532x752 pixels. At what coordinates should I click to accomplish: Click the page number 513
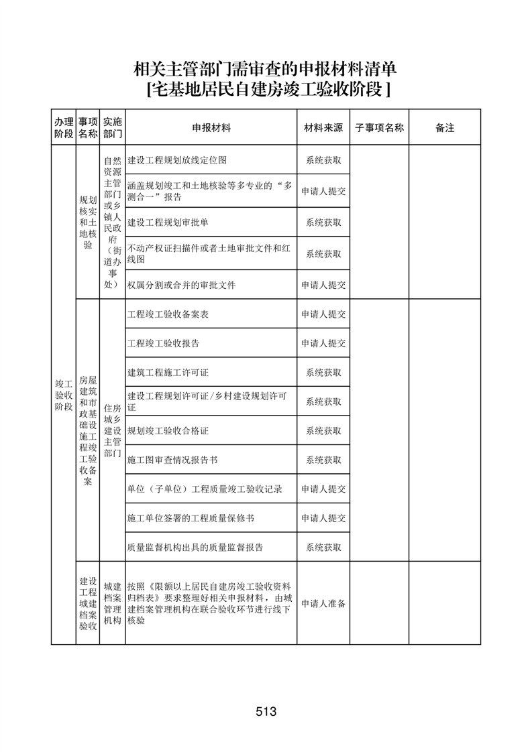[266, 712]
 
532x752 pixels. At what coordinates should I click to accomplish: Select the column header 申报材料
[211, 127]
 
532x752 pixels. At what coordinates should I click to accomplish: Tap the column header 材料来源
[323, 127]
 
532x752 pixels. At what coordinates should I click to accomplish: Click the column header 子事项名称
[379, 127]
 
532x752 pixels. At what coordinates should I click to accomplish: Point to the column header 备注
[445, 127]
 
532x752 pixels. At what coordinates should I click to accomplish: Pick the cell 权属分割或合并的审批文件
[181, 285]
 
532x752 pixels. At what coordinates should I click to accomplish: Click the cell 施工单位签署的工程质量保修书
[191, 518]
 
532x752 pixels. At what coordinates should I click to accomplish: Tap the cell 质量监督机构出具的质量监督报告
[195, 548]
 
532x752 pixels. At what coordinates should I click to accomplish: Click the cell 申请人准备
[323, 603]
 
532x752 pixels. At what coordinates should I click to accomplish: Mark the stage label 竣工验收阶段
[64, 395]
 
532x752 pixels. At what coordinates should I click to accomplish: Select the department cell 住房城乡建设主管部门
[113, 430]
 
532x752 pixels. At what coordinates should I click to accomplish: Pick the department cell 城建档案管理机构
[113, 603]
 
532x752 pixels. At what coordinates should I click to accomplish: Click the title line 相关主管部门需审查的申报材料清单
[266, 69]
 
